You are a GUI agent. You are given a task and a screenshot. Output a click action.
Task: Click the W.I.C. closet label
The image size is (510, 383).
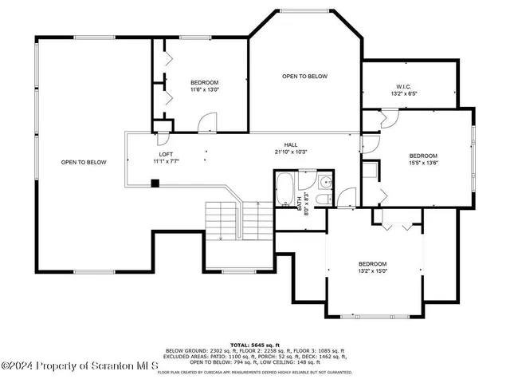coord(404,86)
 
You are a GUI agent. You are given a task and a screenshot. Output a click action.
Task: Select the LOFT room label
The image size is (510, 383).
coord(166,154)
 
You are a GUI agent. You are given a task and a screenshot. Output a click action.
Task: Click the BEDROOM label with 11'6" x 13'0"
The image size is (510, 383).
coord(204,82)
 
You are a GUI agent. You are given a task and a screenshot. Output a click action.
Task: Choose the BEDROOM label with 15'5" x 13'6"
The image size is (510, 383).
coord(423,156)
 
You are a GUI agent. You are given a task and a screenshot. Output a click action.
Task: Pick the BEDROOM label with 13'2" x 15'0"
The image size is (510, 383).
coord(372,264)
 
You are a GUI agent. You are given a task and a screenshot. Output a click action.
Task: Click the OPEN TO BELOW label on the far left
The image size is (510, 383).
coord(84,162)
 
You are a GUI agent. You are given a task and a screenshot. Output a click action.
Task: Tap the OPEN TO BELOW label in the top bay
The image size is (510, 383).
coord(304,76)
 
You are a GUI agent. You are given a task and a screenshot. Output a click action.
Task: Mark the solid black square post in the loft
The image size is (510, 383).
coord(156,183)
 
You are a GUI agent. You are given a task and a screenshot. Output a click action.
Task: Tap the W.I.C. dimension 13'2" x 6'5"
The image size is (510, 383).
coord(404,94)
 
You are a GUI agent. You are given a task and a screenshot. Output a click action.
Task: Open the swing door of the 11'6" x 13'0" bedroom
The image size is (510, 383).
coord(206,122)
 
